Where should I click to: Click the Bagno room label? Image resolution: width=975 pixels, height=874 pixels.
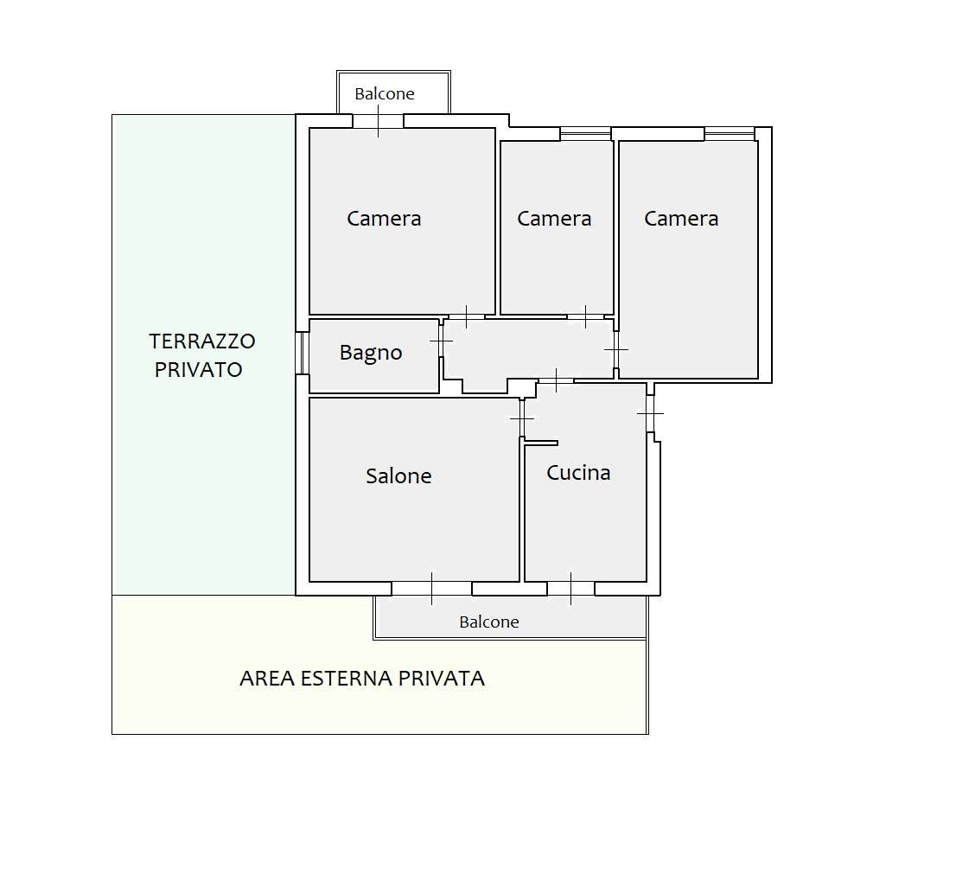tap(371, 354)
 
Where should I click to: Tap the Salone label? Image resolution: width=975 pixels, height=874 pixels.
tap(398, 475)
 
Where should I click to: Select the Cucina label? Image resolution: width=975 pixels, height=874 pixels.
tap(578, 473)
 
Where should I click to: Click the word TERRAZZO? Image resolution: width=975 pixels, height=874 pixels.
tap(202, 341)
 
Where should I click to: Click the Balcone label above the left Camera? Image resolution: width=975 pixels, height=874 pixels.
tap(385, 93)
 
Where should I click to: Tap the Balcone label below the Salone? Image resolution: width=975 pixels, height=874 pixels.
tap(488, 622)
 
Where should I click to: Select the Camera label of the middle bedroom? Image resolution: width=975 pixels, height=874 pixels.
tap(554, 219)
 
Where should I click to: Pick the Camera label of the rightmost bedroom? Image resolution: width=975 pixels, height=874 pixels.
tap(681, 219)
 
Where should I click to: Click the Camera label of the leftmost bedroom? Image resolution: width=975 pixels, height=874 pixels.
tap(384, 219)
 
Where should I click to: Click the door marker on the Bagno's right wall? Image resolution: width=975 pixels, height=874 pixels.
tap(441, 341)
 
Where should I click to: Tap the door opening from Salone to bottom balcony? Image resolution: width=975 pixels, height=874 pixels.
tap(431, 589)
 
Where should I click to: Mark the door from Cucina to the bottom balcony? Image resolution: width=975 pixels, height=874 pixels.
tap(570, 589)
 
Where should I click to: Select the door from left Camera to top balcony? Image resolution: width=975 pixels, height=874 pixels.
tap(378, 121)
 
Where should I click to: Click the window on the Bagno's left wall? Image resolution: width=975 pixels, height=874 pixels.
tap(302, 353)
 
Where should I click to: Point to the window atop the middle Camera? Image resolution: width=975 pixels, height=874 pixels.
tap(585, 134)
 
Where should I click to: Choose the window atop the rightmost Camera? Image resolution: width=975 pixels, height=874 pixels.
tap(730, 134)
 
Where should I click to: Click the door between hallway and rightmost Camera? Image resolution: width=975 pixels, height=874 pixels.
tap(616, 349)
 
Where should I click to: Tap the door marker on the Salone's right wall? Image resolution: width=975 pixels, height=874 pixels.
tap(522, 418)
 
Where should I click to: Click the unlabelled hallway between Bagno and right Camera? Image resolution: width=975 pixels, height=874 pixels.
tap(528, 349)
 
